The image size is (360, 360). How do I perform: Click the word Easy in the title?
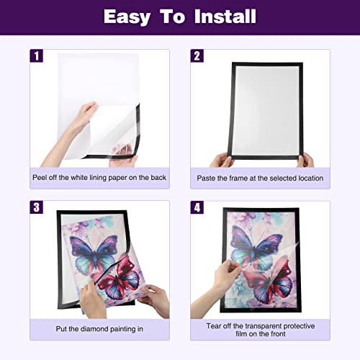[x=127, y=17]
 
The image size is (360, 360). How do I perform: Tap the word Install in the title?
[x=225, y=17]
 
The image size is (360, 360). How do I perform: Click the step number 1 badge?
[x=36, y=56]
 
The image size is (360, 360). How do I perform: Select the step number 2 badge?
[x=197, y=56]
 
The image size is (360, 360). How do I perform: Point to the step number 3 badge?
[x=36, y=207]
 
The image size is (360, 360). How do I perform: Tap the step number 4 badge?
[x=197, y=207]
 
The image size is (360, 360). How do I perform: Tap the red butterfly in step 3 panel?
[x=117, y=279]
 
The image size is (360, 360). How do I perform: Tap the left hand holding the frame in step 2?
[x=221, y=160]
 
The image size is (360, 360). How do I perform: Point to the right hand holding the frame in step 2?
[x=305, y=160]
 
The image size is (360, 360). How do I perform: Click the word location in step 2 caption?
[x=311, y=178]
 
